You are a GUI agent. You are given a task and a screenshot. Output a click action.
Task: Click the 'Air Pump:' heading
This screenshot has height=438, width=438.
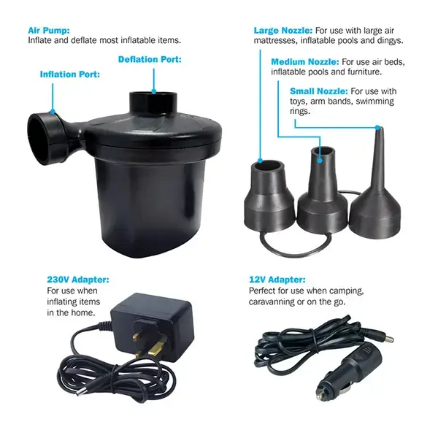click(x=49, y=31)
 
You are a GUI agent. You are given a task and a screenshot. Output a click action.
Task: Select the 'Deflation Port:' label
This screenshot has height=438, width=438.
click(x=150, y=59)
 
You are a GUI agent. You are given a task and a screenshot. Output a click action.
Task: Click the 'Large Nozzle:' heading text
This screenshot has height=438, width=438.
click(x=283, y=31)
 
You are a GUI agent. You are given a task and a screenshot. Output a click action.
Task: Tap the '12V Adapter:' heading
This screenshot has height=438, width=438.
click(x=275, y=280)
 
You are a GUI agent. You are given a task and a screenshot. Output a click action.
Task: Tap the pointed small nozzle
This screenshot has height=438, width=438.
click(x=377, y=190)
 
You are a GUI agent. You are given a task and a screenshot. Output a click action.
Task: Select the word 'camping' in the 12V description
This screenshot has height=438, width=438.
click(x=344, y=291)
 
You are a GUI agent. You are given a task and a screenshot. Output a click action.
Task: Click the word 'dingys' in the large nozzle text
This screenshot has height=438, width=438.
click(x=396, y=41)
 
